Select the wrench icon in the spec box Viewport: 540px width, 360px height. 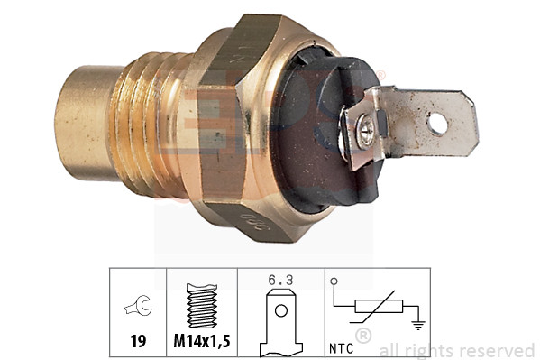coord(138,309)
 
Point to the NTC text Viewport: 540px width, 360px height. coord(340,344)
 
